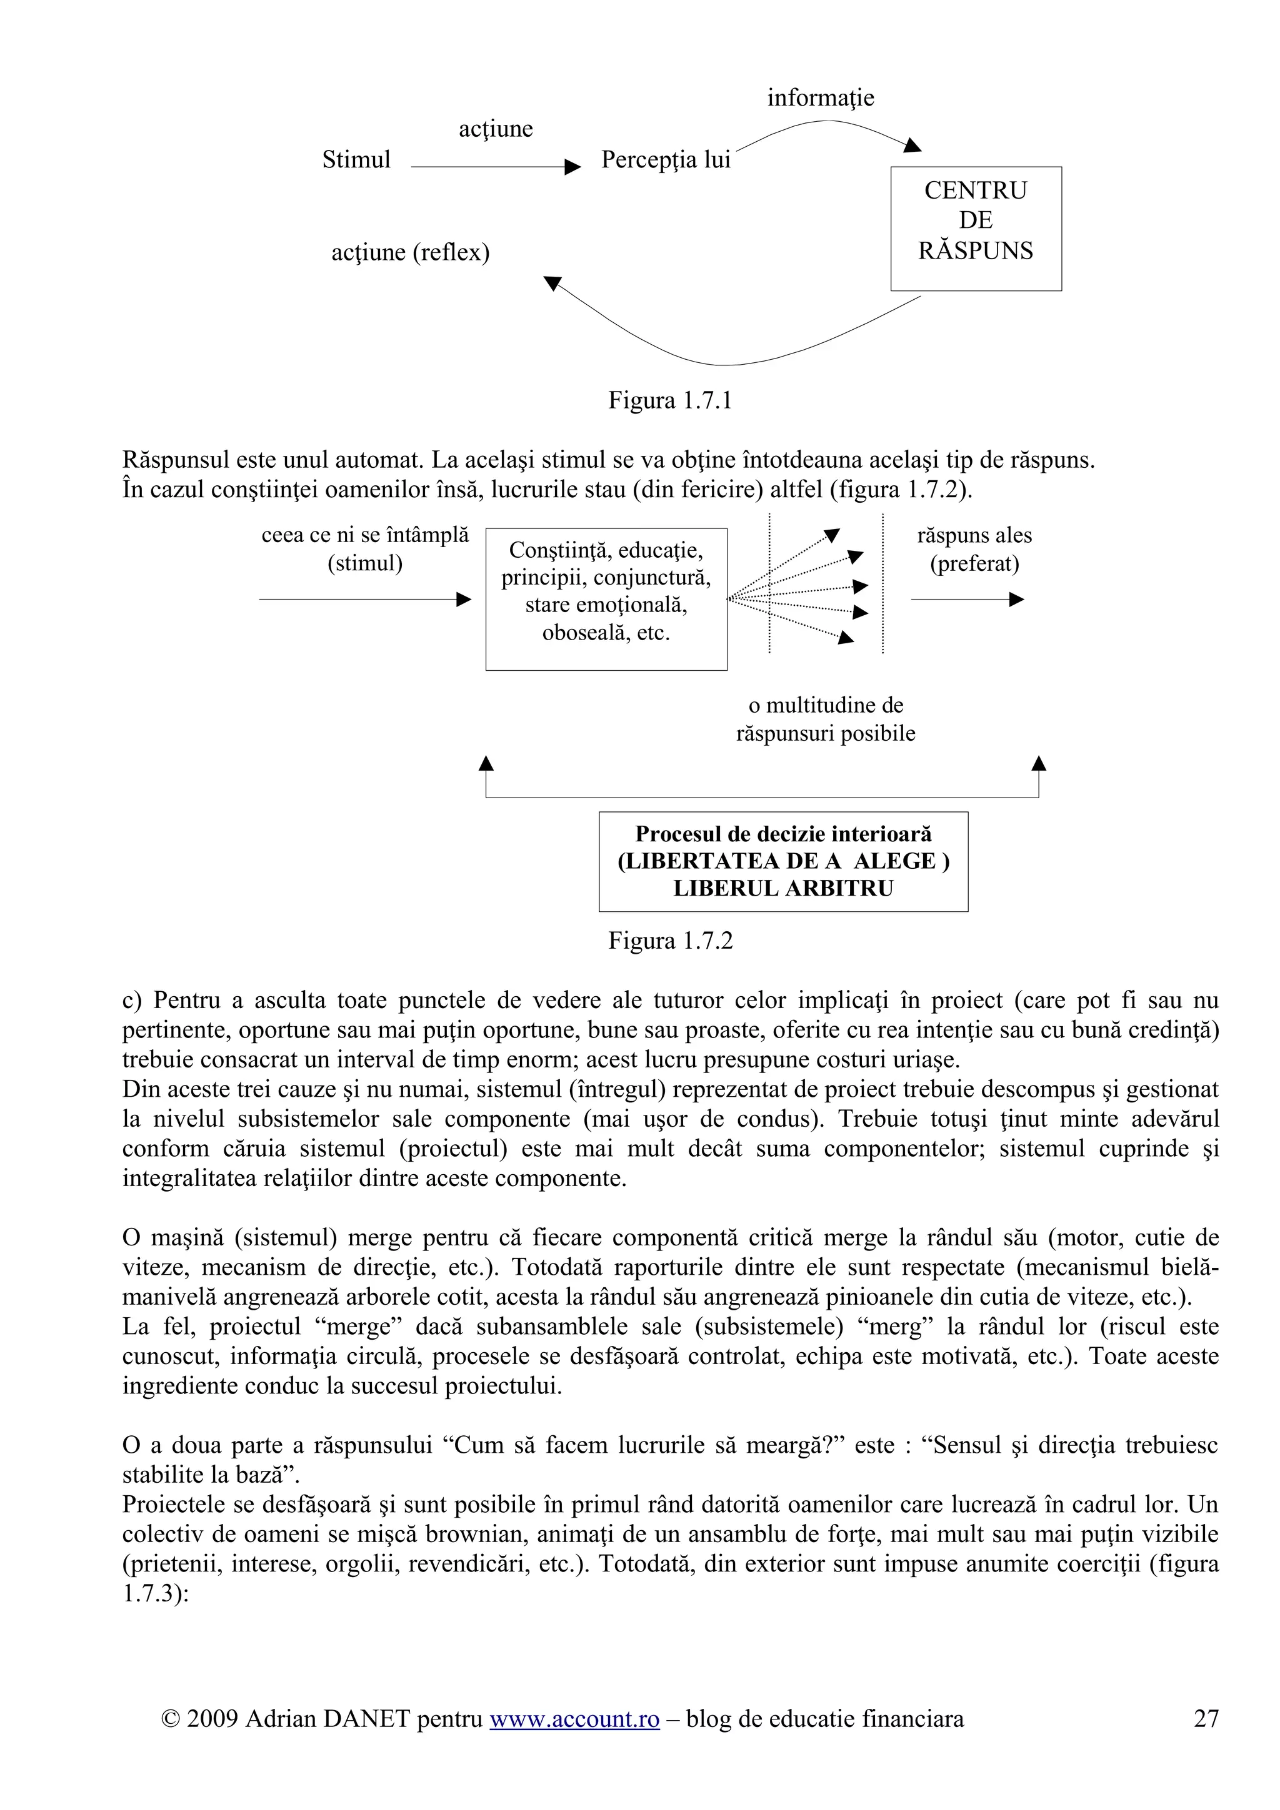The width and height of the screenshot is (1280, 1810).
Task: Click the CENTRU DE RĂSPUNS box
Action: pos(976,228)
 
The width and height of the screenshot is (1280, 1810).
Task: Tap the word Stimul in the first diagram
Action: pos(356,160)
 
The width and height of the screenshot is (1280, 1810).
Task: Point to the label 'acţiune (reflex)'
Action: pos(410,252)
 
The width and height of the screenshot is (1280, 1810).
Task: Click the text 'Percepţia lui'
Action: pos(666,160)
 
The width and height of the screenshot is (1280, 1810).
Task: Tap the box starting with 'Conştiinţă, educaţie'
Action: pos(606,598)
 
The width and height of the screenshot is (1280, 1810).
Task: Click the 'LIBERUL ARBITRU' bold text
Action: pos(782,888)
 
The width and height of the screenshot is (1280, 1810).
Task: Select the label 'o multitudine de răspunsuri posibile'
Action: pos(825,719)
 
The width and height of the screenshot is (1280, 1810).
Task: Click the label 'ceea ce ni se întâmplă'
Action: pos(364,535)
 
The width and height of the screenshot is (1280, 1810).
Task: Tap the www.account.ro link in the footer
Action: pos(574,1719)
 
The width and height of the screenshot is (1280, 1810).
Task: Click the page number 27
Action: pos(1206,1719)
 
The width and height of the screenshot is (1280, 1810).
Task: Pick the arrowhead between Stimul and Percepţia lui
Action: pos(573,167)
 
